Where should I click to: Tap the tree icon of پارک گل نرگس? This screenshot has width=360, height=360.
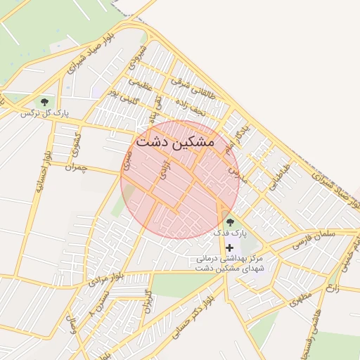pos(45,102)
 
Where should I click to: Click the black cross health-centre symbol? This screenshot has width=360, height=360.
pos(230,247)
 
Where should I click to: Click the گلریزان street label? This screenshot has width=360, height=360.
pos(147,300)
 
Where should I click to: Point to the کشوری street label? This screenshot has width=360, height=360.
pos(77,144)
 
